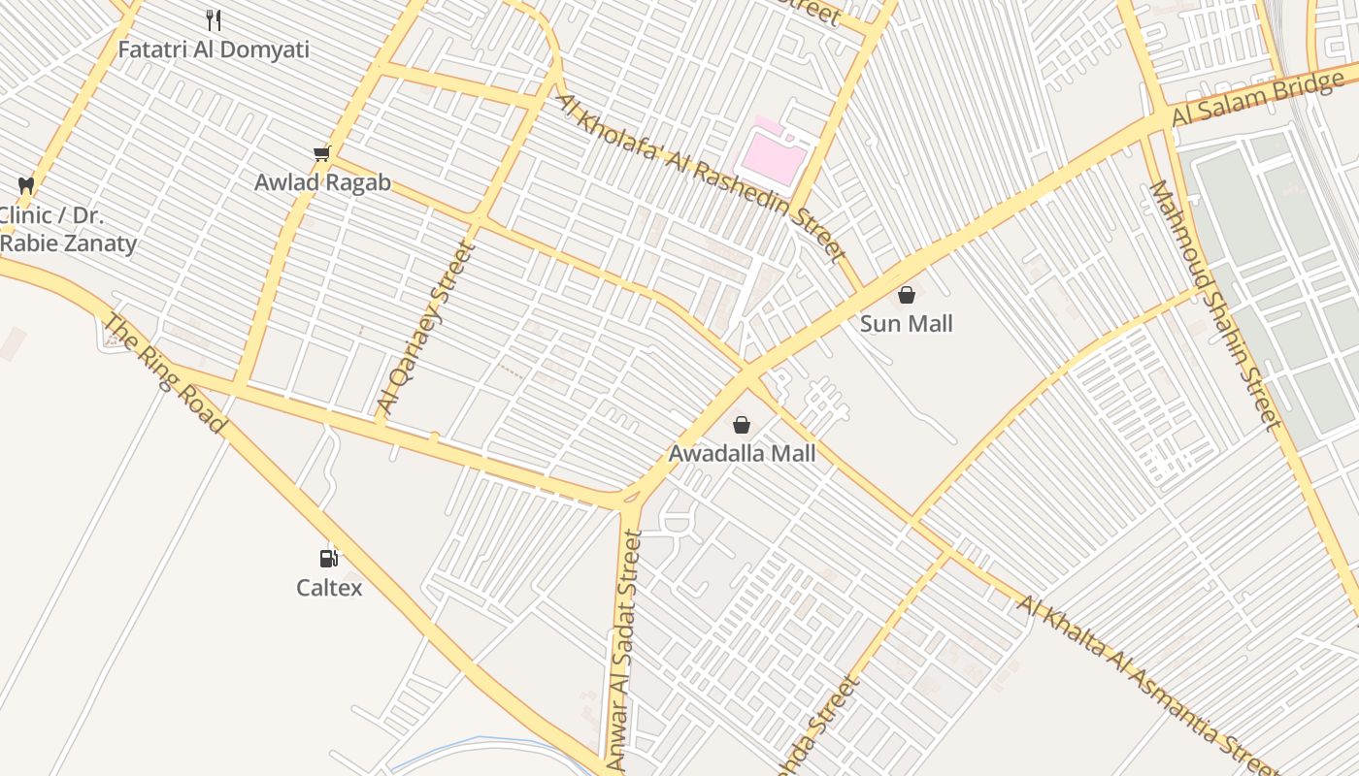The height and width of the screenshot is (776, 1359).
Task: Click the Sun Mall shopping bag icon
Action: [x=906, y=295]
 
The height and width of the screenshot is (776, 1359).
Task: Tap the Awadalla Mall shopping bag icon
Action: [x=742, y=425]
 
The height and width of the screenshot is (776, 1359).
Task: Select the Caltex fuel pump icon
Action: [x=329, y=558]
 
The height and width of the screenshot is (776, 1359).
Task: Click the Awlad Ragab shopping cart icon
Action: [x=322, y=153]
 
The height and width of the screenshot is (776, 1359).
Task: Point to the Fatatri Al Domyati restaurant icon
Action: [x=214, y=19]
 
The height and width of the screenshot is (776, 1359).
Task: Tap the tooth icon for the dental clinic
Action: [x=26, y=185]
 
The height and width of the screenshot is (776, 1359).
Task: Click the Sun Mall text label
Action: [x=906, y=324]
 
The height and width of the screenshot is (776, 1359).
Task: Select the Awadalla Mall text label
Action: [x=742, y=453]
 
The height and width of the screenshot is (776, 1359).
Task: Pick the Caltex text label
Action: [x=329, y=588]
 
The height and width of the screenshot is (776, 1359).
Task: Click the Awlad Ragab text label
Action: [x=322, y=182]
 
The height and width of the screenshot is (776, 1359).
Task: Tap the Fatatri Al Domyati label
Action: [x=214, y=49]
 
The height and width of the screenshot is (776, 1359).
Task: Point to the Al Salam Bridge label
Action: [x=1257, y=100]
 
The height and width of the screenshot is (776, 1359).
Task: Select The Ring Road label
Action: [x=164, y=373]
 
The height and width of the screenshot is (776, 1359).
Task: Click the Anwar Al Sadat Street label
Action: [x=624, y=650]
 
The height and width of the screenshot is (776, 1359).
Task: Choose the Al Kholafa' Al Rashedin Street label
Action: [x=700, y=177]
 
